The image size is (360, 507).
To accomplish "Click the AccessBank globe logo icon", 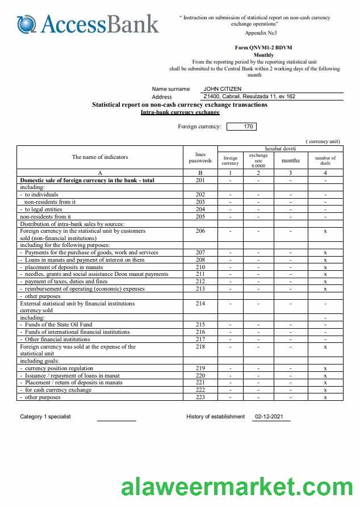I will [x=26, y=24].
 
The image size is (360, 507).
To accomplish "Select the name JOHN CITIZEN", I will [x=222, y=89].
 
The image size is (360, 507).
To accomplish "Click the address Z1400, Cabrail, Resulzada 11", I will [x=249, y=97].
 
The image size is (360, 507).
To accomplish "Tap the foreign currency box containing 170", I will [x=248, y=127].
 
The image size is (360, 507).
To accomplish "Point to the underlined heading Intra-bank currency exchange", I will [x=180, y=112].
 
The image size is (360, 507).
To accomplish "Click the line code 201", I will [x=200, y=181].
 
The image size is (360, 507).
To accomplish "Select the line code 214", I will [x=200, y=304].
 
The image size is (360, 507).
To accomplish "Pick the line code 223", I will [x=200, y=397].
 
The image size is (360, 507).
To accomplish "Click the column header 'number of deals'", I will [x=325, y=161].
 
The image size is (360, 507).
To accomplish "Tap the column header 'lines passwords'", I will [x=200, y=157].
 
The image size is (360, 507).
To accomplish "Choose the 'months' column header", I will [x=290, y=161].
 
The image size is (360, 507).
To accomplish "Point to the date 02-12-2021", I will [x=269, y=417].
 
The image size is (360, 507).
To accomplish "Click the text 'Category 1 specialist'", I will [x=45, y=417].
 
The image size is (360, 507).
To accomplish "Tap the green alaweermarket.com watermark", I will [x=237, y=488].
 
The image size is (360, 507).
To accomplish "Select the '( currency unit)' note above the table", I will [x=323, y=141].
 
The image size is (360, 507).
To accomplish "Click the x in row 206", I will [x=325, y=231].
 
